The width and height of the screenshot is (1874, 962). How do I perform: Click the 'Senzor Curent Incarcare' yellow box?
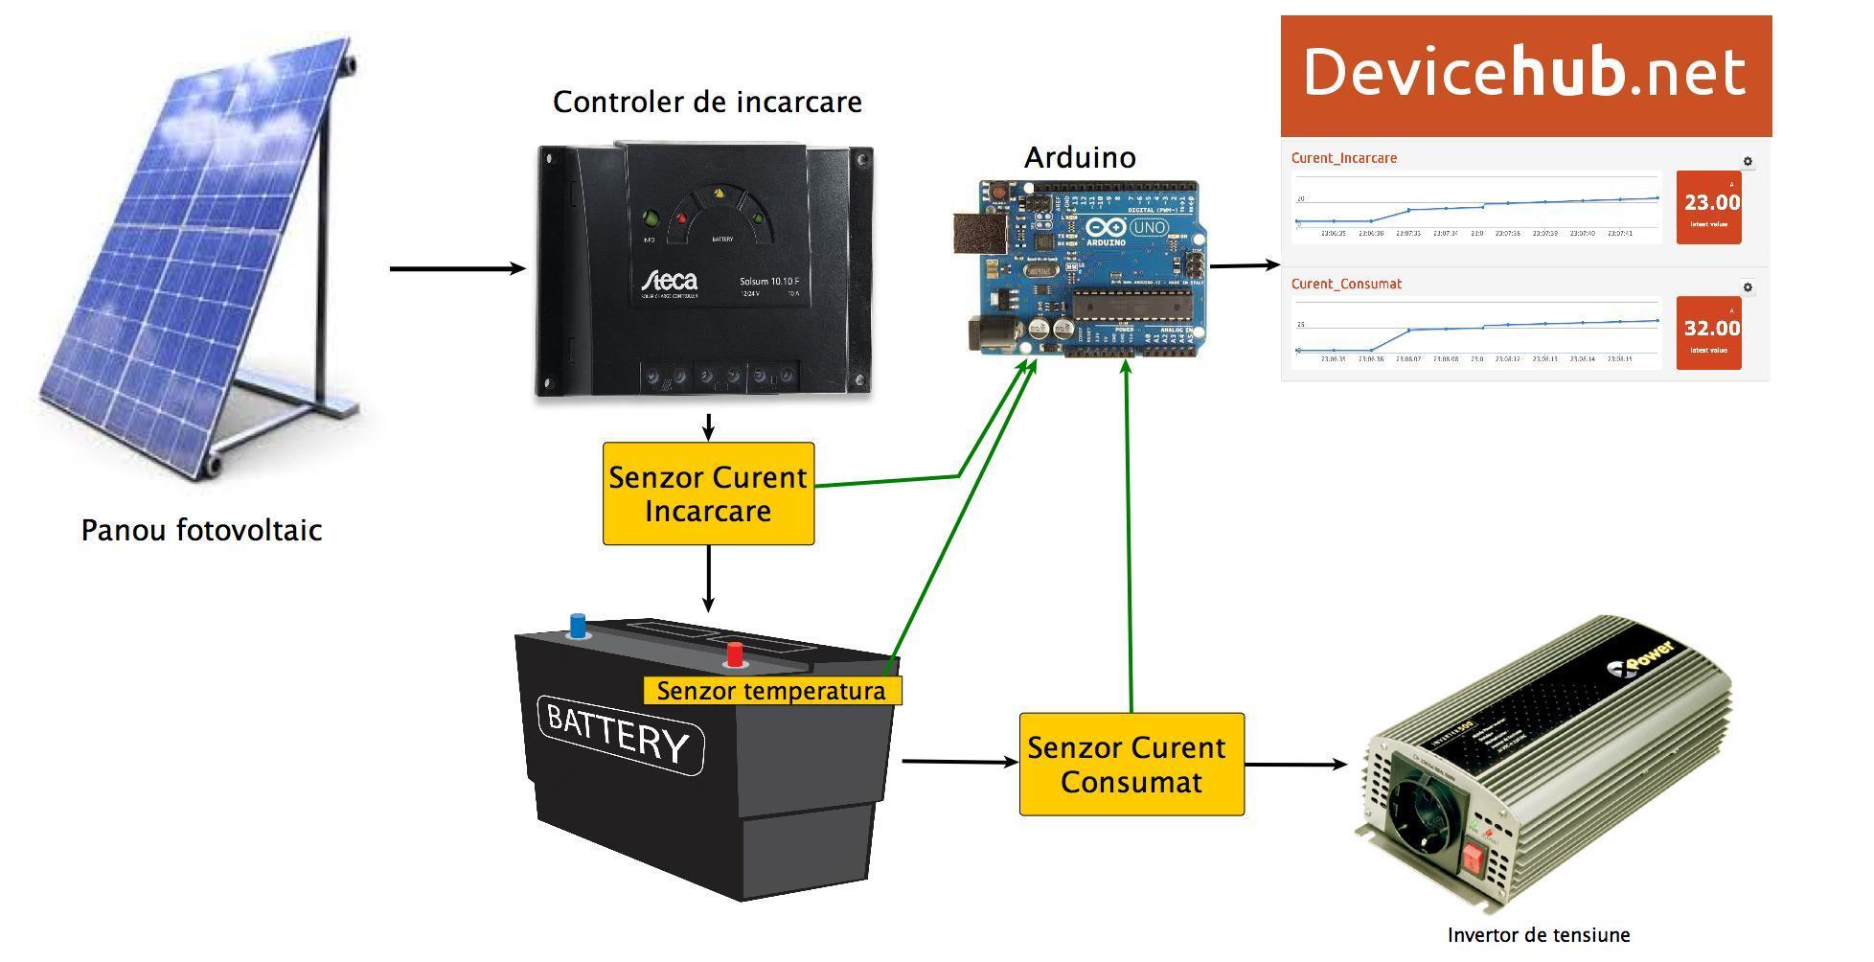coord(708,493)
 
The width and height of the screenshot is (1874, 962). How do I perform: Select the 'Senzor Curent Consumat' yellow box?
coord(1131,765)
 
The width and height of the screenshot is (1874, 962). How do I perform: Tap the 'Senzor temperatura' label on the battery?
coord(771,691)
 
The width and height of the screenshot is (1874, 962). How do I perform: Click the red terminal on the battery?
coord(735,654)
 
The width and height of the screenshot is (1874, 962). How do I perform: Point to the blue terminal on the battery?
coord(577,626)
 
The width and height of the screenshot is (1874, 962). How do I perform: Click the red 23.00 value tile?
coord(1708,207)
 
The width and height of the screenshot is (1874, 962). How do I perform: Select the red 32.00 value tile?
coord(1708,332)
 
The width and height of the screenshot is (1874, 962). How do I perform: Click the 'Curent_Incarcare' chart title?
coord(1343,158)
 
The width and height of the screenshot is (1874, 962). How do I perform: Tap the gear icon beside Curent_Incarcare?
coord(1748,162)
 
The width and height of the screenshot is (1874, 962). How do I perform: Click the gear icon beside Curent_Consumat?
coord(1748,287)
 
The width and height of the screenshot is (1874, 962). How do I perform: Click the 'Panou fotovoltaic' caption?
coord(201,531)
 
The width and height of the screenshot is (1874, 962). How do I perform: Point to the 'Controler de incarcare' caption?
coord(707,102)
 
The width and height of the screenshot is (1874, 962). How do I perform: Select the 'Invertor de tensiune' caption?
coord(1538,935)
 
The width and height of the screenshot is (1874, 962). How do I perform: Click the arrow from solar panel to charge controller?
coord(457,268)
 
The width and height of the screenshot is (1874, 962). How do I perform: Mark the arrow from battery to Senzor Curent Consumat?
coord(959,762)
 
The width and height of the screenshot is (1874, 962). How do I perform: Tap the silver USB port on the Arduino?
coord(974,234)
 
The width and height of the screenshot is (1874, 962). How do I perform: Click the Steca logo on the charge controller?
coord(670,281)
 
